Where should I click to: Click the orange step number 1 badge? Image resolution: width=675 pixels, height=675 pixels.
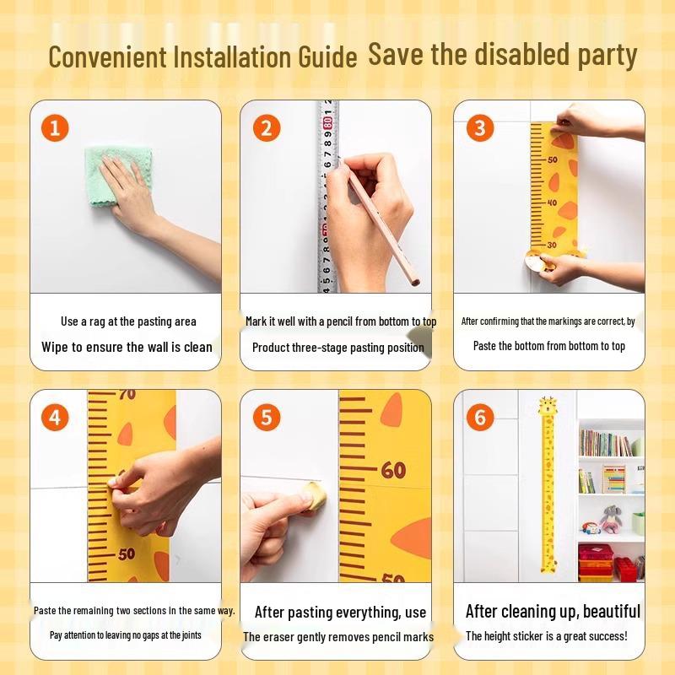point(55,128)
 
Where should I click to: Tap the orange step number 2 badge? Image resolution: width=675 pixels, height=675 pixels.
point(267,128)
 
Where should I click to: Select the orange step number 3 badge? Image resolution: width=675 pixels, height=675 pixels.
point(480,128)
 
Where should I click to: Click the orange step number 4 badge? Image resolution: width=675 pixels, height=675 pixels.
point(55,417)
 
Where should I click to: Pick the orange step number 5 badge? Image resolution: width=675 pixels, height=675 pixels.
point(267,417)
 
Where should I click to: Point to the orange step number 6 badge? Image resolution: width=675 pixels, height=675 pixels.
point(480,417)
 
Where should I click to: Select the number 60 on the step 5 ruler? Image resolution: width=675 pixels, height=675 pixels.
point(393,470)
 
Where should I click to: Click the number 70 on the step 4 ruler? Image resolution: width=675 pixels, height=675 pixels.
point(127,394)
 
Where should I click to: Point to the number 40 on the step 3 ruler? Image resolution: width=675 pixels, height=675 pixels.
point(552,202)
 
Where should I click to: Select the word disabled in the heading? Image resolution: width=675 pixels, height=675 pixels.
point(519,55)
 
